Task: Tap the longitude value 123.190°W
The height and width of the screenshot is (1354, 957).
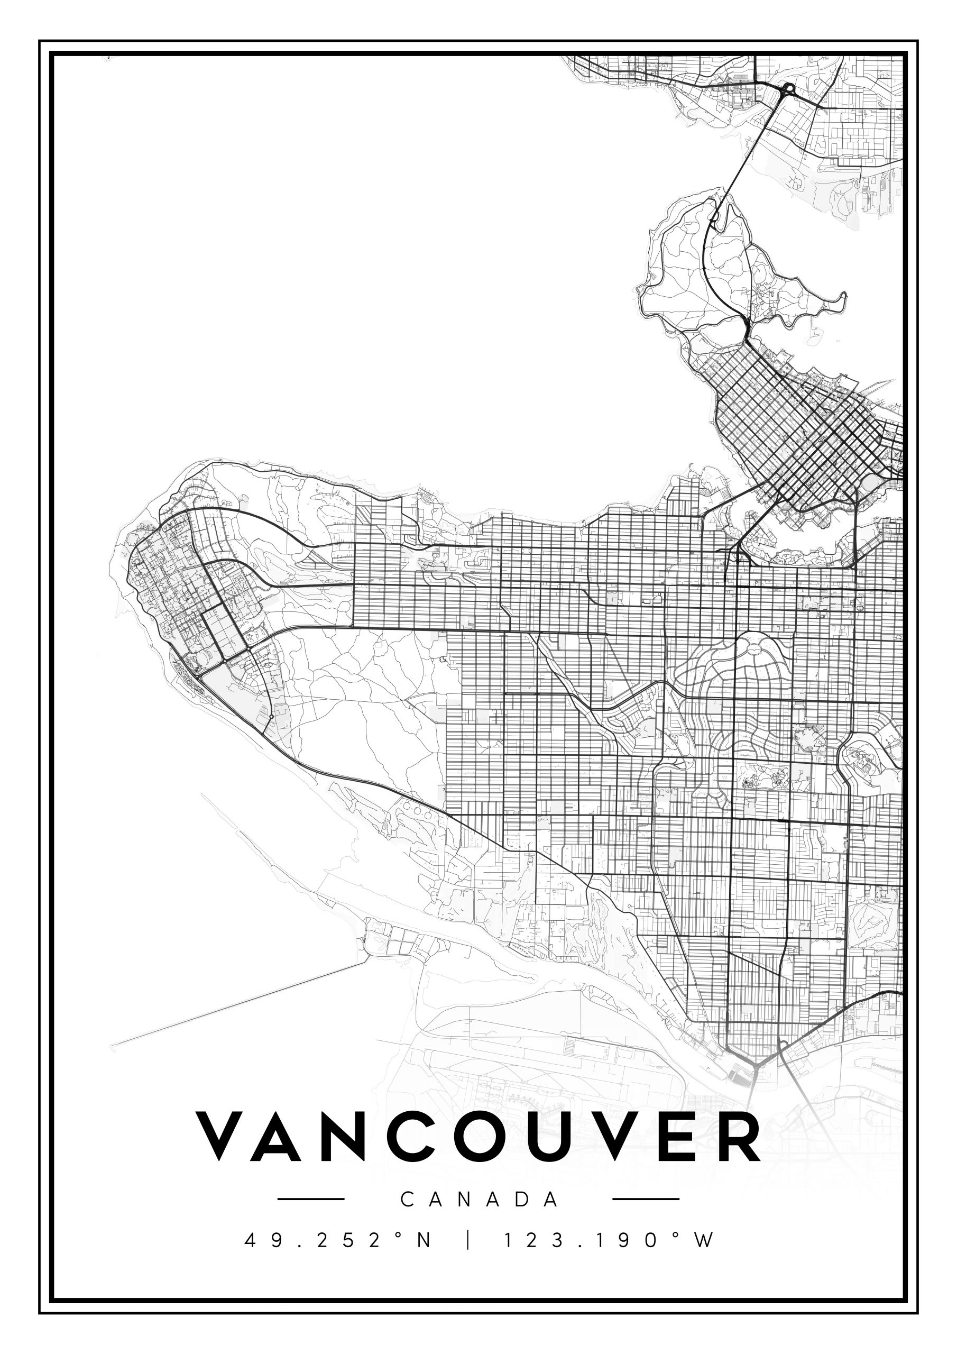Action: pyautogui.click(x=609, y=1240)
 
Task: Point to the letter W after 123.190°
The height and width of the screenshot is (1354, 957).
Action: pyautogui.click(x=705, y=1240)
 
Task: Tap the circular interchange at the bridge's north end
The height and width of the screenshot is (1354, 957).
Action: pyautogui.click(x=788, y=90)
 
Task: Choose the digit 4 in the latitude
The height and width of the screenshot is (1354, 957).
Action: pyautogui.click(x=250, y=1240)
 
